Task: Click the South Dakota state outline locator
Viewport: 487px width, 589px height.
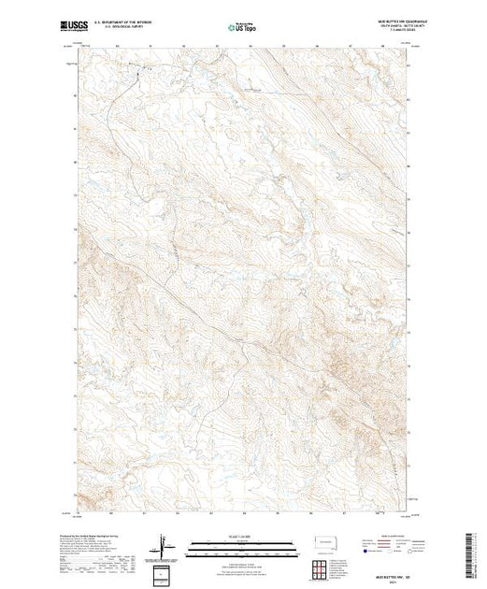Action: click(321, 542)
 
